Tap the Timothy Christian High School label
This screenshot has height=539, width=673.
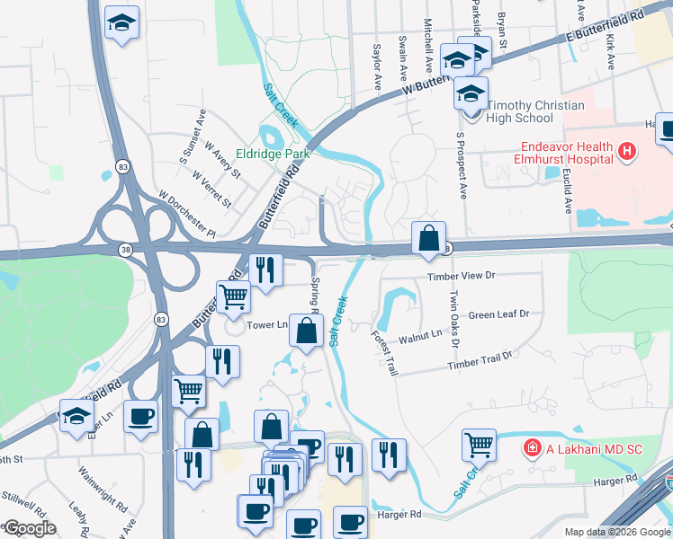point(534,111)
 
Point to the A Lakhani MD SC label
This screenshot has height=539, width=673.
point(588,446)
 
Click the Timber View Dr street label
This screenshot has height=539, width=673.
point(462,278)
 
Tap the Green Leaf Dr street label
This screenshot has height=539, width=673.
point(498,315)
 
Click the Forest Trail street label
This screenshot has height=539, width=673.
point(383,352)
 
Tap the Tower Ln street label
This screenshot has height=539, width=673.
point(268,324)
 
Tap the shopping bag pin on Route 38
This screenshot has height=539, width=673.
point(429,239)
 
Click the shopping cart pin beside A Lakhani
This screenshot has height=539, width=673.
point(479,443)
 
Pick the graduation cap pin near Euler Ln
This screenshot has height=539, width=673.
point(76,417)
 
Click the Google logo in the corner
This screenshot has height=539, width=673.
point(30,528)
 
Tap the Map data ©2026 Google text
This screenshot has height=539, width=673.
point(616,532)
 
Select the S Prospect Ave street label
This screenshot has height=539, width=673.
point(462,166)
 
